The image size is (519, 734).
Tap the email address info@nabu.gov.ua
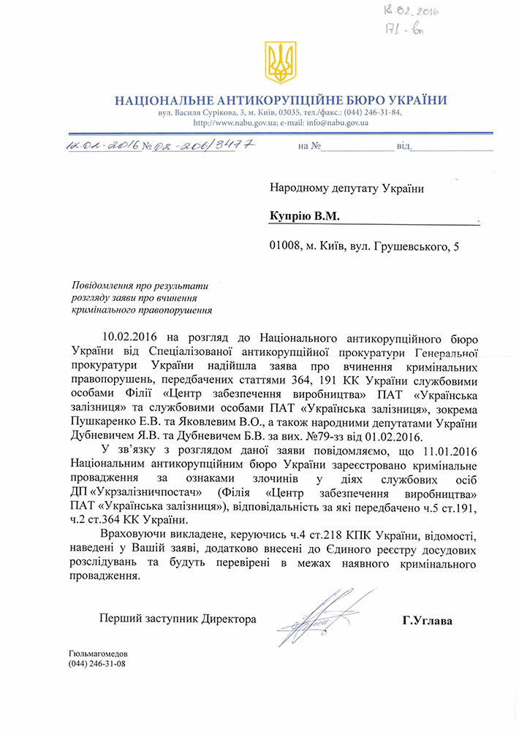click(x=336, y=122)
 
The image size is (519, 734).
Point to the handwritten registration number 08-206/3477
click(x=208, y=145)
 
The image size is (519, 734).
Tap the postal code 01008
click(x=285, y=247)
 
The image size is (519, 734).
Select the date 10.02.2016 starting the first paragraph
click(x=128, y=338)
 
